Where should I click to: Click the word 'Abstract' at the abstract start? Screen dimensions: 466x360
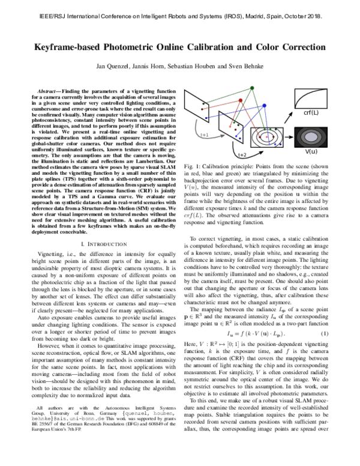coord(47,89)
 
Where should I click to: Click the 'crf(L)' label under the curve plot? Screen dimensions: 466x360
coord(311,112)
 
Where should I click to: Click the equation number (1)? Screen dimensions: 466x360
coord(324,349)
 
